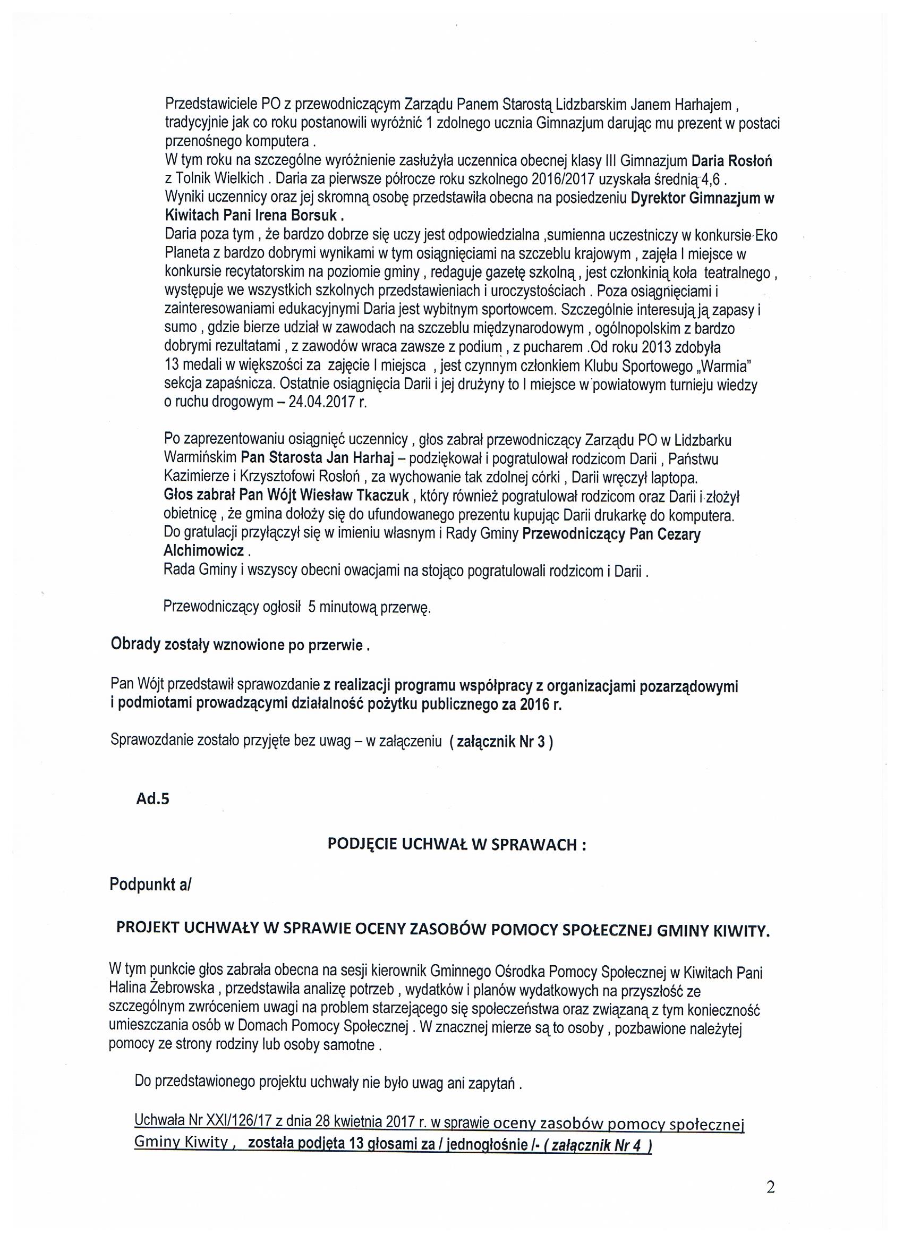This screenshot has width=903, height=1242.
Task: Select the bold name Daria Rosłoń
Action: coord(732,161)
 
